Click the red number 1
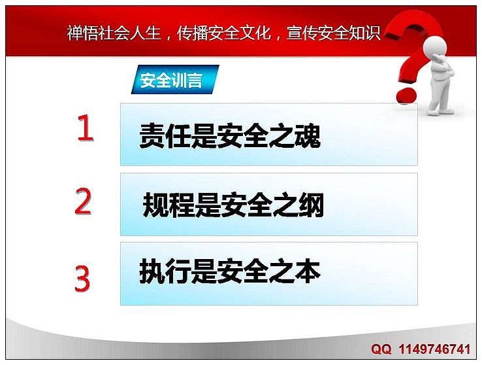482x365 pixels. [85, 128]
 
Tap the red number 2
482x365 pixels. [83, 201]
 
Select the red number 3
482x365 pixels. [82, 279]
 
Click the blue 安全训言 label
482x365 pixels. [175, 79]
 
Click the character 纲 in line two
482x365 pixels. [311, 205]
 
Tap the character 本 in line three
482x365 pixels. [308, 271]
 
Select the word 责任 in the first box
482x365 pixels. [165, 135]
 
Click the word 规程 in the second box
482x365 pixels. [169, 205]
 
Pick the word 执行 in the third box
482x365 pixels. [165, 271]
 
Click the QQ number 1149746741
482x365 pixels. [435, 349]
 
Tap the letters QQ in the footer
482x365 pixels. [381, 349]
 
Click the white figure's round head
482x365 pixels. [435, 47]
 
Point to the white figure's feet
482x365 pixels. [440, 111]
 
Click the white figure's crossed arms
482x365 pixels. [444, 68]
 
